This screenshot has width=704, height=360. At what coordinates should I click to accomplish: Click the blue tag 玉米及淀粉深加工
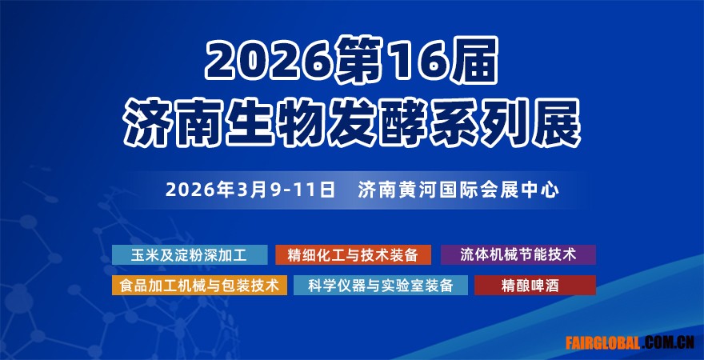(190, 254)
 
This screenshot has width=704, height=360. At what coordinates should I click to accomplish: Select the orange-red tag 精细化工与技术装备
(353, 254)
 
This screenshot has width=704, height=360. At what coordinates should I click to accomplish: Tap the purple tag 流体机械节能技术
(518, 254)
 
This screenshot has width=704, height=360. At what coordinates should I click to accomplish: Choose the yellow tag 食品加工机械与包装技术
(199, 285)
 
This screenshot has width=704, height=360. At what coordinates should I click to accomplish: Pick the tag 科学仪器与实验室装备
(381, 285)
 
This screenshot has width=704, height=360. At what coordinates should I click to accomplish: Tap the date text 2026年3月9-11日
(250, 190)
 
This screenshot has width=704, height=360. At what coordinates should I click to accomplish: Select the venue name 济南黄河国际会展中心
(458, 190)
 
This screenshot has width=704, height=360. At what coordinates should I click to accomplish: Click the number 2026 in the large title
(270, 61)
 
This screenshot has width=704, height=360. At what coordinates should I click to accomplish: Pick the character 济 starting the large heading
(149, 122)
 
